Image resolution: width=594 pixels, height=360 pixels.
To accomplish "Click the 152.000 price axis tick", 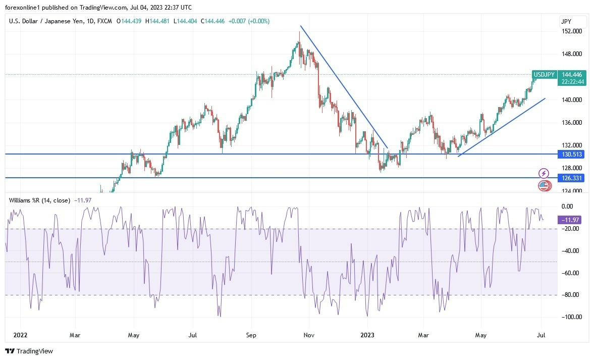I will [572, 31].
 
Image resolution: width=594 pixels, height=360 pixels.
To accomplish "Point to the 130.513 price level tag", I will [571, 154].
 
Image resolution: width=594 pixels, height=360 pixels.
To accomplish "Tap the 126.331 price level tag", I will [571, 178].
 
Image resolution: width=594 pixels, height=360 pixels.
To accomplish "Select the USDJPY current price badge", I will [545, 75].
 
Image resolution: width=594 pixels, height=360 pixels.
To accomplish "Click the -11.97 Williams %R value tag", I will [571, 220].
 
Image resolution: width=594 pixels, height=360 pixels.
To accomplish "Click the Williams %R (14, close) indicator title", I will [39, 200].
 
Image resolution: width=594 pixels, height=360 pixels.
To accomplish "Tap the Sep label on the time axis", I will [251, 335].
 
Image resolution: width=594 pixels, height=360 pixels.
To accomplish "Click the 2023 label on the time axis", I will [368, 335].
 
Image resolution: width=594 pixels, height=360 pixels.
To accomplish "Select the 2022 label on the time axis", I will [21, 335].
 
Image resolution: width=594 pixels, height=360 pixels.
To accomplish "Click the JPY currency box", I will [573, 21].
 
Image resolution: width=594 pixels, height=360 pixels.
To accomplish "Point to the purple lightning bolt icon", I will [544, 173].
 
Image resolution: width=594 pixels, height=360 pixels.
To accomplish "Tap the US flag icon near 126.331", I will [544, 186].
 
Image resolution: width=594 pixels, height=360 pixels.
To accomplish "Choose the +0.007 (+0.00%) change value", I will [249, 21].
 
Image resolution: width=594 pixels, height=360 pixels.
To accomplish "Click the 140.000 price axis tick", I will [572, 100].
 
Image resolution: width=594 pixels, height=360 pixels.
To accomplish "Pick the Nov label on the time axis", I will [309, 335].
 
